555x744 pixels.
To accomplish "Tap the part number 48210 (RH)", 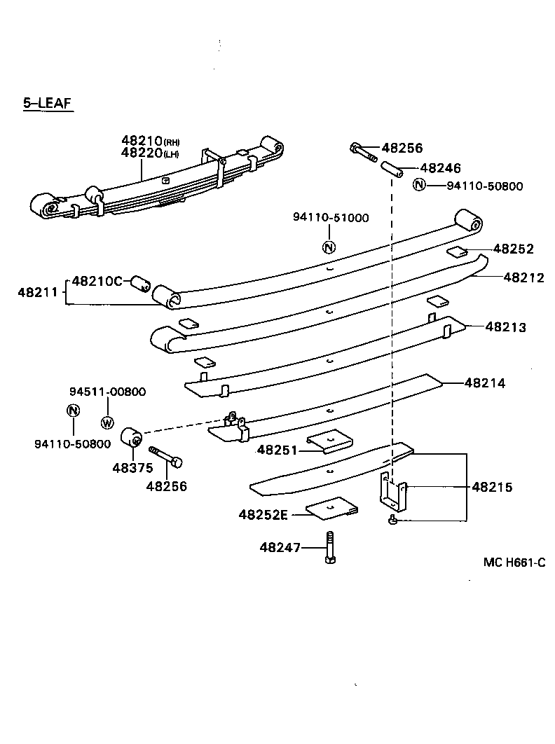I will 150,141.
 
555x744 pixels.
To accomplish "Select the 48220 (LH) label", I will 150,152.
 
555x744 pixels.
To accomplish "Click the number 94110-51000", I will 330,218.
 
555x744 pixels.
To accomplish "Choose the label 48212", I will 523,277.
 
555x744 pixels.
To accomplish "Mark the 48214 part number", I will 484,383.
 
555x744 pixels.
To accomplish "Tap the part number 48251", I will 277,450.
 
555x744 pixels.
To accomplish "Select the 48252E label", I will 263,515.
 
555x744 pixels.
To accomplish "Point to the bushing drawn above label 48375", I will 132,436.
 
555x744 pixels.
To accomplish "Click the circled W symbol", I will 107,422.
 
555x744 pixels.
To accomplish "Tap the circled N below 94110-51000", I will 329,246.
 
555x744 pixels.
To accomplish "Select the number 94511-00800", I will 107,392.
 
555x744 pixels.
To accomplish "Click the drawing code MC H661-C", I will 514,563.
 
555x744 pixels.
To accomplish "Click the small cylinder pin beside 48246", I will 390,169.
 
